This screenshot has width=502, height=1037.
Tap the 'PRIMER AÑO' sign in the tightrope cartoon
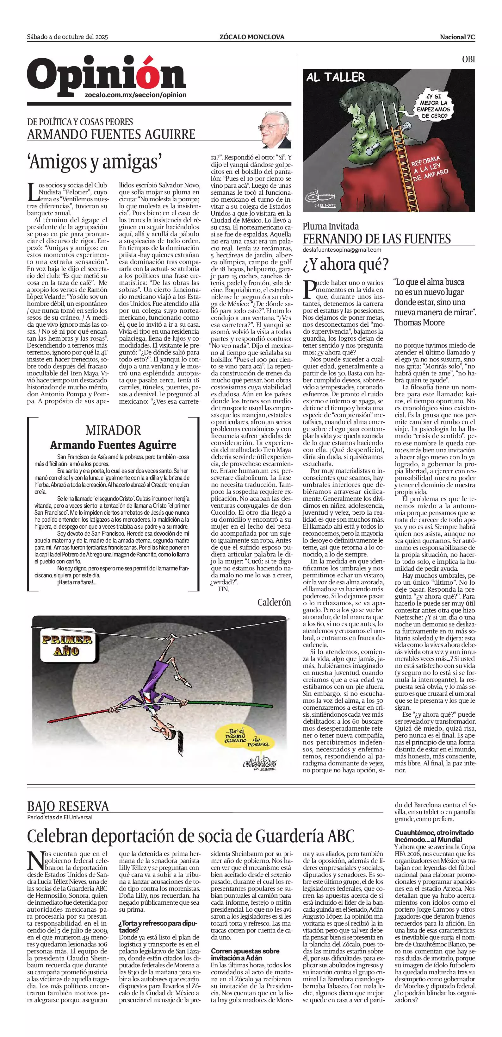pyautogui.click(x=67, y=645)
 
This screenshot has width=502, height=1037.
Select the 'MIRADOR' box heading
pyautogui.click(x=113, y=430)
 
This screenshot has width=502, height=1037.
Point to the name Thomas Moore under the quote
pyautogui.click(x=419, y=323)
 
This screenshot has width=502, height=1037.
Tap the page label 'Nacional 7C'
pyautogui.click(x=457, y=37)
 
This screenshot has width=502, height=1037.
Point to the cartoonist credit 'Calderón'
pyautogui.click(x=274, y=602)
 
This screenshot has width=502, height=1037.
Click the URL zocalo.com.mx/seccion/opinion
pyautogui.click(x=136, y=95)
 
